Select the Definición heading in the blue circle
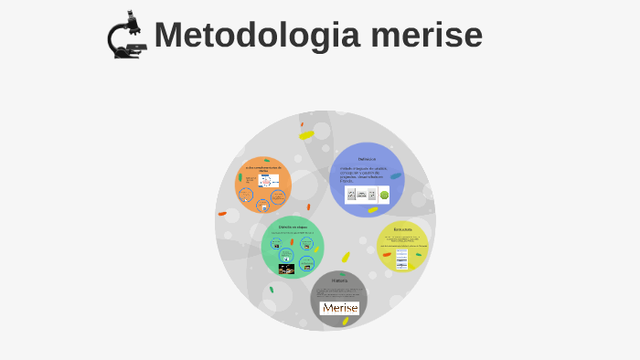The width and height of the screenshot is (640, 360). click(x=367, y=159)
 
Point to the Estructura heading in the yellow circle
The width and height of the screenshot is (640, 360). click(x=402, y=228)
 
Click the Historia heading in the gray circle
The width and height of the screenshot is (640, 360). click(x=339, y=280)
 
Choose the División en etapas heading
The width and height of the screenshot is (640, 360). click(x=293, y=226)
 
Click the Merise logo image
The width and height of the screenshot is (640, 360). click(x=339, y=308)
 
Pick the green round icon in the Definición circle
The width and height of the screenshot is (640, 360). click(x=384, y=195)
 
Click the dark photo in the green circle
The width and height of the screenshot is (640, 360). click(x=286, y=269)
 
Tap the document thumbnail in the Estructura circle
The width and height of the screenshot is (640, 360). click(x=401, y=259)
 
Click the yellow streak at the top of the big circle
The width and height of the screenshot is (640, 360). click(x=306, y=135)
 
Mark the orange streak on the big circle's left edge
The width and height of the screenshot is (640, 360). click(x=222, y=214)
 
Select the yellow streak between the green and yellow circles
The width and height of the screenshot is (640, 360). click(x=346, y=257)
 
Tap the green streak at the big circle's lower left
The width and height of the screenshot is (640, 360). click(x=272, y=290)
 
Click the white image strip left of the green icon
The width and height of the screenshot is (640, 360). click(x=360, y=195)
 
